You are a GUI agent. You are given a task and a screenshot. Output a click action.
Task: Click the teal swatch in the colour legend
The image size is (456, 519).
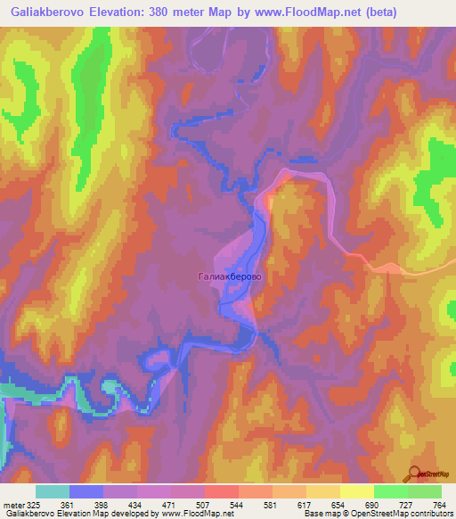click(x=53, y=491)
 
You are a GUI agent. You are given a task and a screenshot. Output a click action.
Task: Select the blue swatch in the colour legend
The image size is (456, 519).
click(x=86, y=491)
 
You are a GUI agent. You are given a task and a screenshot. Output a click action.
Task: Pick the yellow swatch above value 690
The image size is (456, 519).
click(x=356, y=491)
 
